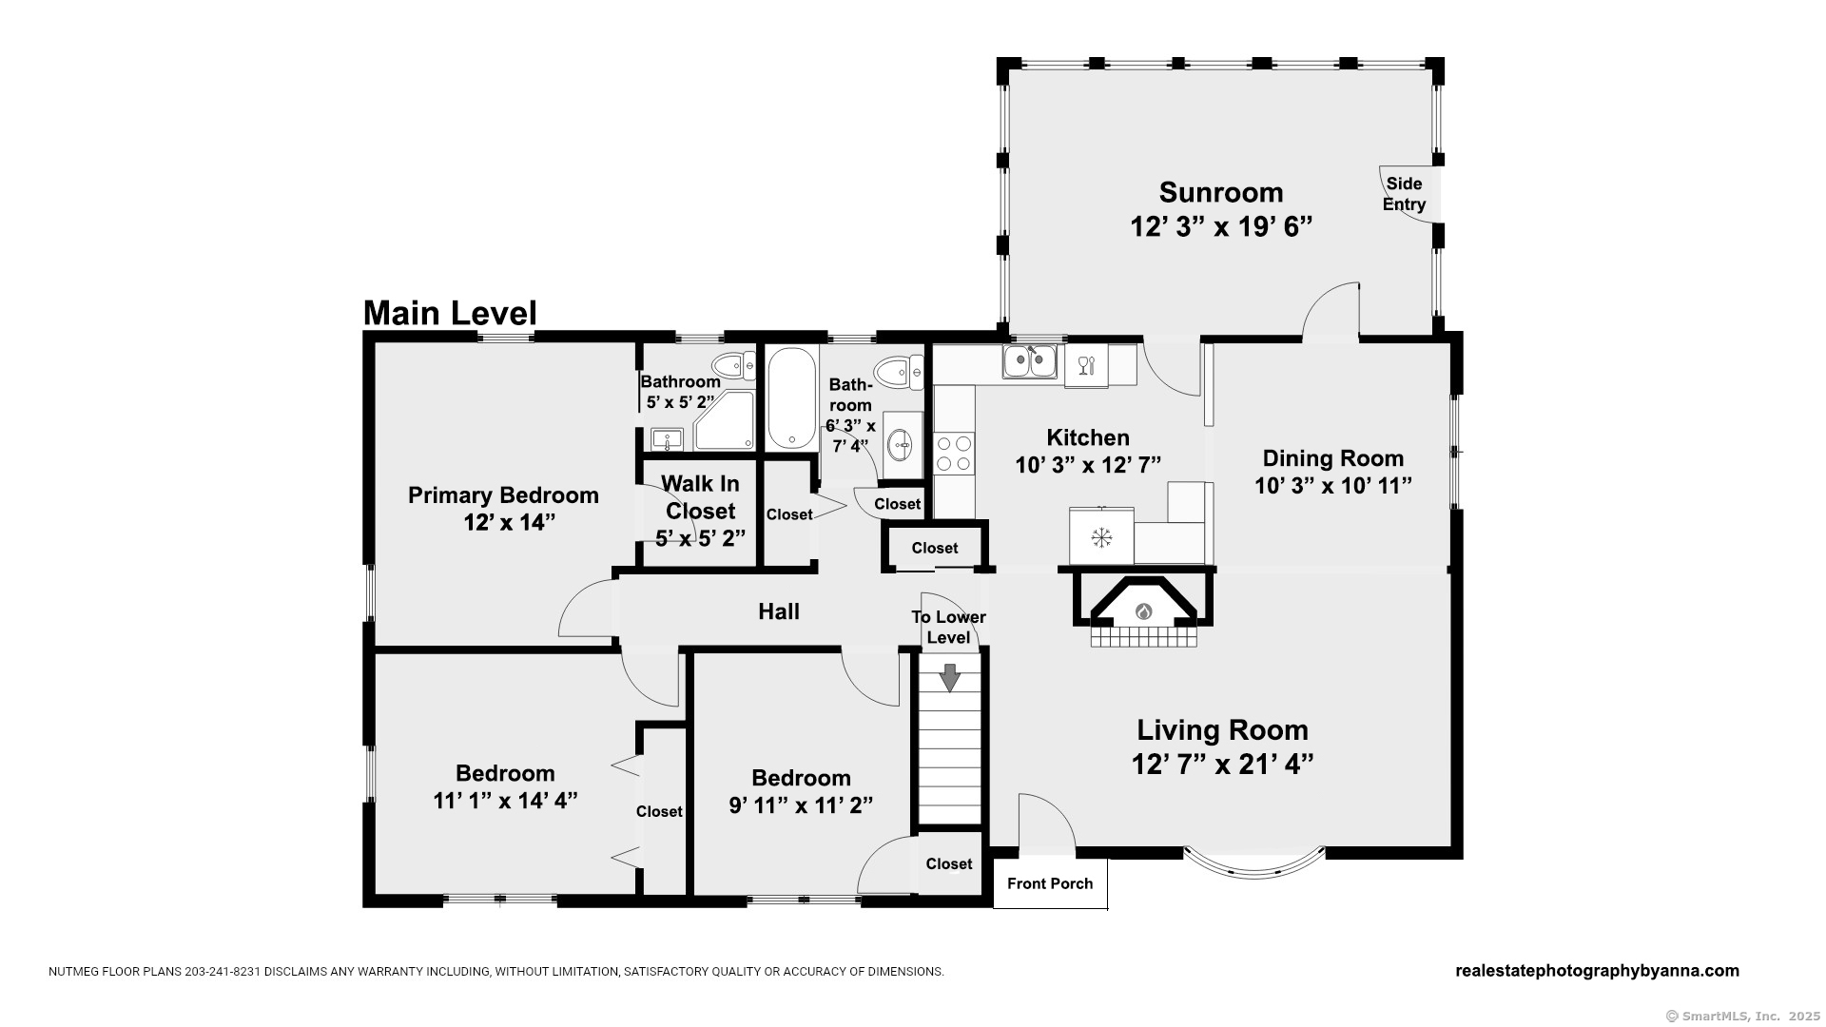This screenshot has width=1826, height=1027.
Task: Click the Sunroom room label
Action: click(x=1221, y=193)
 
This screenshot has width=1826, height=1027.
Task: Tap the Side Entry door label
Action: click(x=1404, y=194)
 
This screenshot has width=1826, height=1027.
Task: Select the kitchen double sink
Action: click(x=1029, y=361)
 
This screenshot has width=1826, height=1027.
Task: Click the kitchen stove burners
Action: click(x=954, y=453)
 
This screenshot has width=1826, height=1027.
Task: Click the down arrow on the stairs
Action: click(x=949, y=677)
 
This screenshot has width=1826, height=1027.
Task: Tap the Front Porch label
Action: click(x=1050, y=884)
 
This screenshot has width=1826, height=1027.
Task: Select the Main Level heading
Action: click(x=450, y=313)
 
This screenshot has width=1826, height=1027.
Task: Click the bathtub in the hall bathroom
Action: click(x=791, y=398)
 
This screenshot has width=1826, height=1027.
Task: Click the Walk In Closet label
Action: click(x=700, y=497)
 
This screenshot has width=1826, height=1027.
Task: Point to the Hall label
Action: click(x=779, y=611)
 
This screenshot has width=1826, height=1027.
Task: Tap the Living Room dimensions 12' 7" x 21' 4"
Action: click(x=1222, y=765)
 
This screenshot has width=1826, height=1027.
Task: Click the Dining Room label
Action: click(x=1333, y=458)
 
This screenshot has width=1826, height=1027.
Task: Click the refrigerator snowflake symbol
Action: click(x=1101, y=537)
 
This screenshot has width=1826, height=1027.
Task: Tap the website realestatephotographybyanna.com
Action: click(x=1597, y=971)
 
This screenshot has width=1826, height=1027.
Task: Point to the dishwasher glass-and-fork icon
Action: click(x=1086, y=364)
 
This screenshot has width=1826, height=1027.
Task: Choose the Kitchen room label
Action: click(x=1088, y=437)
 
